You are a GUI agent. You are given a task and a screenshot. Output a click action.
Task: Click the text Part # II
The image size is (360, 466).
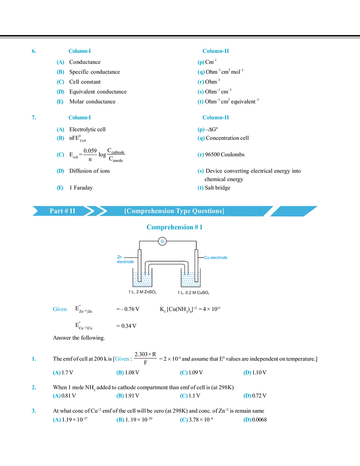point(63,211)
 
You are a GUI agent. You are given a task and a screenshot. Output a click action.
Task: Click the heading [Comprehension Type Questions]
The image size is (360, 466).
point(174,211)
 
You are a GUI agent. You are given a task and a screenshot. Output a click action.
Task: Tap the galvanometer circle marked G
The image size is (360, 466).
point(162,241)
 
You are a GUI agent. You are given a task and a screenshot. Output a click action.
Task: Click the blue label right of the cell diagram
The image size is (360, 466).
point(216,258)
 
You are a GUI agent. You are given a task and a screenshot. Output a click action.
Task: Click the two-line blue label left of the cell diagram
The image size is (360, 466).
point(125,260)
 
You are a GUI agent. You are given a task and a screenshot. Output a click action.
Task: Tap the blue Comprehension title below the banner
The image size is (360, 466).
point(175,227)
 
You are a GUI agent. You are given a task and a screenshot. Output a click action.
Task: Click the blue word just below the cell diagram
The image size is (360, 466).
point(59,309)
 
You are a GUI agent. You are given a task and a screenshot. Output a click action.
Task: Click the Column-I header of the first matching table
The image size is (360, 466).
point(79,51)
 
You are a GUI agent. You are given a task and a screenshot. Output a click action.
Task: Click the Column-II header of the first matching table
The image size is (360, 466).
point(217,51)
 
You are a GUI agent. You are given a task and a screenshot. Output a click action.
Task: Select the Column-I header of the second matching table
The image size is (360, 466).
point(79,117)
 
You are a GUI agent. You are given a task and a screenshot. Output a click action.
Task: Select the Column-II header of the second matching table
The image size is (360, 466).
point(217,117)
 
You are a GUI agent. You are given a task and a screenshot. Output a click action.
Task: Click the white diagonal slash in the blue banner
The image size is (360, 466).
point(272,211)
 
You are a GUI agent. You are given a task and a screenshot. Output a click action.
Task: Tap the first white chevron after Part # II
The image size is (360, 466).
point(87,211)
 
